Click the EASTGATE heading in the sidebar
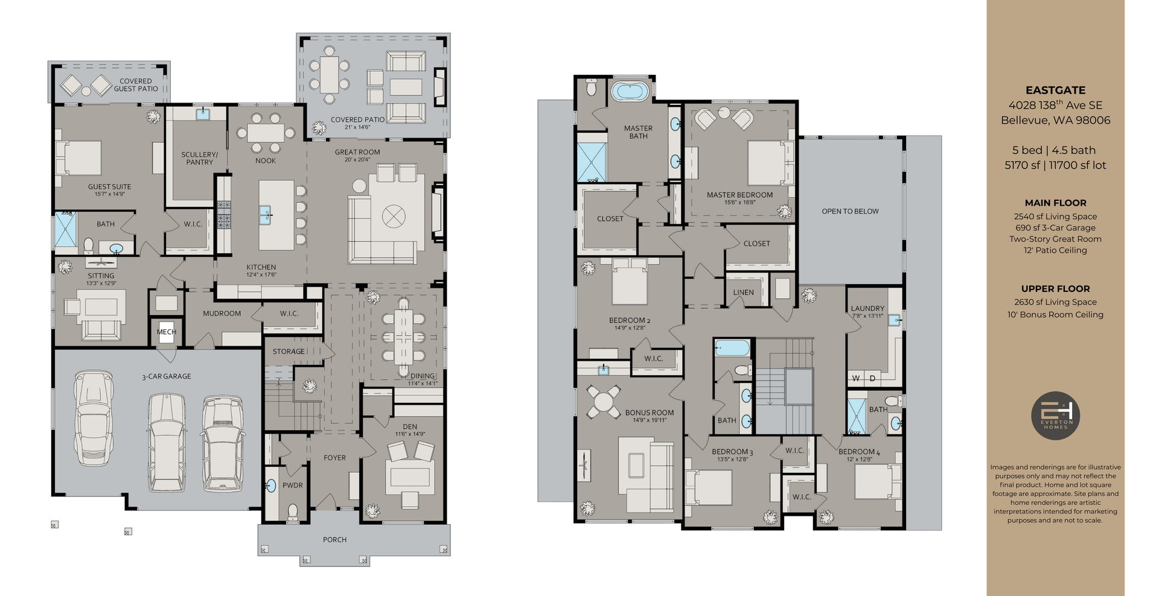click(1055, 90)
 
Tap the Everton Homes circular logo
click(1055, 416)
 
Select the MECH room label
click(166, 332)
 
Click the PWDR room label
click(293, 485)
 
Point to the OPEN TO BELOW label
click(850, 211)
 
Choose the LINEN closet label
click(743, 293)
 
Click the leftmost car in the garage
click(94, 417)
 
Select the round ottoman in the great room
click(394, 216)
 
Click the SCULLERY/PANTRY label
click(199, 158)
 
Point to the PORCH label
click(334, 540)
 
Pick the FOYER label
click(334, 458)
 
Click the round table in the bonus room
click(604, 401)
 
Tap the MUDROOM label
click(222, 314)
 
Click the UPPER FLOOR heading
click(1055, 289)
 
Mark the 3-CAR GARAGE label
click(167, 376)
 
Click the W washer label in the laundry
click(856, 378)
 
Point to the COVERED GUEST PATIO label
click(136, 85)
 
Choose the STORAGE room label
click(288, 352)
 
